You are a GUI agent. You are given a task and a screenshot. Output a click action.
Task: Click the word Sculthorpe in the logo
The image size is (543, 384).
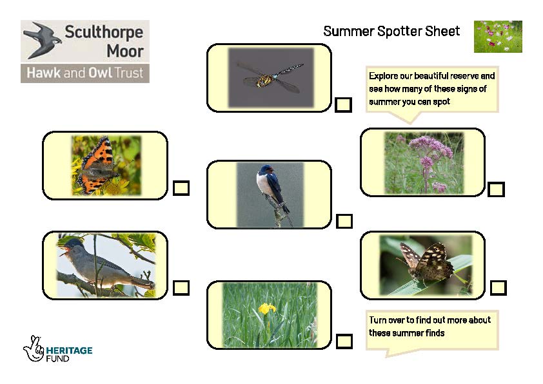point(104,32)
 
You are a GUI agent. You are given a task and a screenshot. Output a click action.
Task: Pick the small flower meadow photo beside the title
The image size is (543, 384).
point(498,37)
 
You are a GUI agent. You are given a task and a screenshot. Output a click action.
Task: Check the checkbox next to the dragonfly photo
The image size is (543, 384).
point(343,104)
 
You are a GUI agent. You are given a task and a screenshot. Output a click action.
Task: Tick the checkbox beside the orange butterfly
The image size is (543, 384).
point(181,188)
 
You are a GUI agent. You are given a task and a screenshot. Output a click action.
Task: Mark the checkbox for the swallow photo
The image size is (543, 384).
point(344,221)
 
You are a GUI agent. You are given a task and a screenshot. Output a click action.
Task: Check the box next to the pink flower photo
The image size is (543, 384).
point(496,189)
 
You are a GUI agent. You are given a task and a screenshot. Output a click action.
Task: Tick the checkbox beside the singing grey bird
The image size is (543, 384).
point(181,287)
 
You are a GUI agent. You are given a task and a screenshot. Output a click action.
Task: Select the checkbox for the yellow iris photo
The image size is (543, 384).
point(344,341)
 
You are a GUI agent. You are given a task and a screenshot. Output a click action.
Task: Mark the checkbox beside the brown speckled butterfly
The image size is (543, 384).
point(499,288)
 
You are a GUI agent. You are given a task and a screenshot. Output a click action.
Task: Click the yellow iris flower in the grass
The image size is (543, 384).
point(267,308)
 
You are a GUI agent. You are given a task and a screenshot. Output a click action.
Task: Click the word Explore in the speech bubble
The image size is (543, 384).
point(383,76)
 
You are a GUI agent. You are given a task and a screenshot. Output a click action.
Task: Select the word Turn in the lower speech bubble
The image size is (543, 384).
point(377,320)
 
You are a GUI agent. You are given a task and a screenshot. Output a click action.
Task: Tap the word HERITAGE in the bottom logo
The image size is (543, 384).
point(69,350)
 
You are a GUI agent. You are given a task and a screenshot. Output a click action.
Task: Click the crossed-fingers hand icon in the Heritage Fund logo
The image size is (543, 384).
point(34,349)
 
